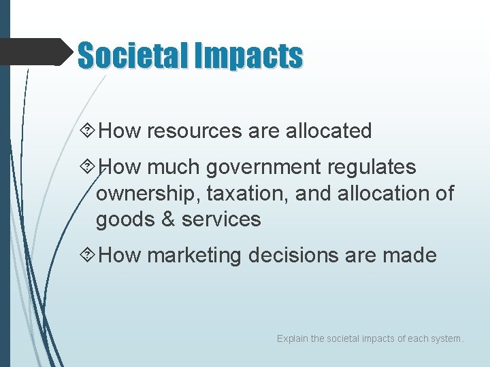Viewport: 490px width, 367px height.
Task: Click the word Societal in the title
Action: [133, 56]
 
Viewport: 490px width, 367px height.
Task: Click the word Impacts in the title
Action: [248, 56]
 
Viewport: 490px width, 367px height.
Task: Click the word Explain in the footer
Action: [292, 338]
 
